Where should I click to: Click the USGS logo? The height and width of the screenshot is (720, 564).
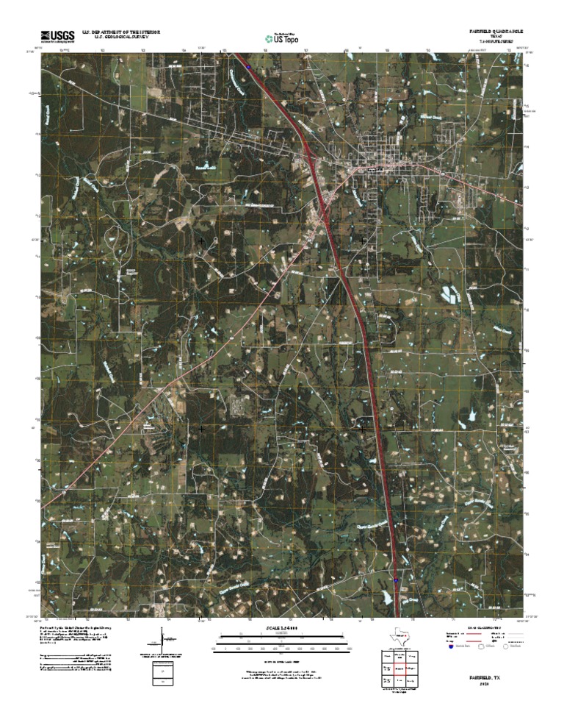57,35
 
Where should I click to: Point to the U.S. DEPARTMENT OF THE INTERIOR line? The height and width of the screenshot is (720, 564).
121,32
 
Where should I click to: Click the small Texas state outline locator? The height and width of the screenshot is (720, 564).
400,637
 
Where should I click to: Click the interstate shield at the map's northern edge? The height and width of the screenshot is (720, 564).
250,66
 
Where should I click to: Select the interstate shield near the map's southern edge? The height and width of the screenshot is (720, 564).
397,580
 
